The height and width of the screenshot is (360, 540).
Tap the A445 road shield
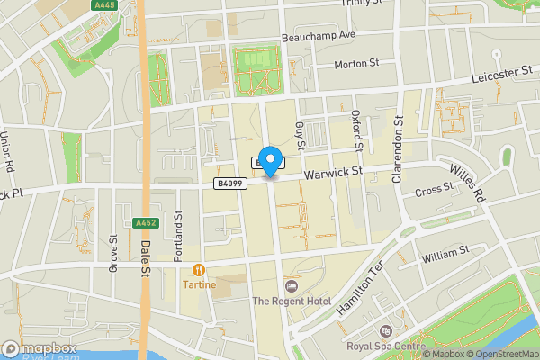pos(105,5)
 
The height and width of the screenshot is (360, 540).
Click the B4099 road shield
pos(229,184)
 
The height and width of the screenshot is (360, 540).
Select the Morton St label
pos(357,65)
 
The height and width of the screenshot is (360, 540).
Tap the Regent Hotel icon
pos(291,285)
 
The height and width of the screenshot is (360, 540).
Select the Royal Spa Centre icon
pos(386,330)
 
